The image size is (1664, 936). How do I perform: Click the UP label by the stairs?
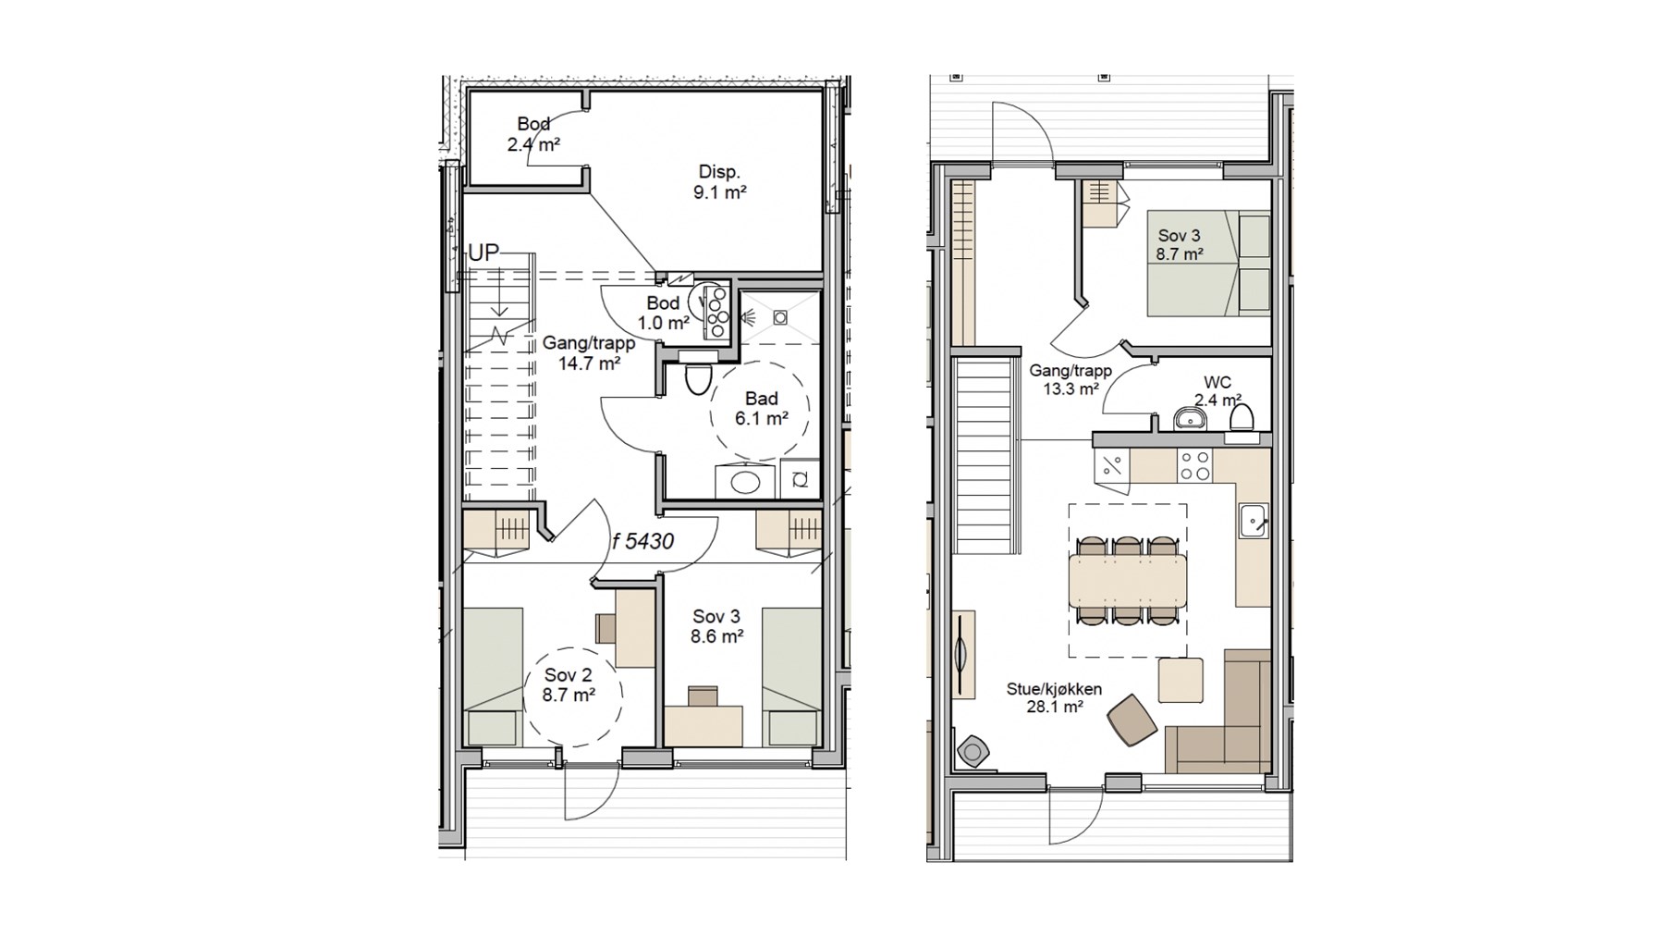click(483, 252)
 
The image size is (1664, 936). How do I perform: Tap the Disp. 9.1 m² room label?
click(719, 182)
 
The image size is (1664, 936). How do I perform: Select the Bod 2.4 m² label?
click(533, 134)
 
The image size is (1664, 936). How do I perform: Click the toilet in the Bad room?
click(697, 377)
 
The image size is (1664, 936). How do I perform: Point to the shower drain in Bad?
click(780, 317)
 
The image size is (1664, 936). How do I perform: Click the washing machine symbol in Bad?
click(800, 479)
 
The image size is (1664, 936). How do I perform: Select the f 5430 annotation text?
click(643, 542)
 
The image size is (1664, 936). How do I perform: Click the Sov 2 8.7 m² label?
click(569, 685)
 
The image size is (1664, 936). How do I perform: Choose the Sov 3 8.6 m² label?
click(716, 626)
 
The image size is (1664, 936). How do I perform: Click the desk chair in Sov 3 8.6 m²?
click(703, 696)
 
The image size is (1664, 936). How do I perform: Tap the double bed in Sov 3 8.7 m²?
click(1208, 264)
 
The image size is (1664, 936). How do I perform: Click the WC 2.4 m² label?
click(1217, 391)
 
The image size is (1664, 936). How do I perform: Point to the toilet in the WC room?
click(1241, 418)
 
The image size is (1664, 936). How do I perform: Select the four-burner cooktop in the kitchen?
click(1194, 466)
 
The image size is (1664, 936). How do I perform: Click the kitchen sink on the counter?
click(1253, 521)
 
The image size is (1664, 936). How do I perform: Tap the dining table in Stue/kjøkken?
click(1128, 581)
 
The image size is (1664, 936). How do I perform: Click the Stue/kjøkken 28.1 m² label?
click(1055, 698)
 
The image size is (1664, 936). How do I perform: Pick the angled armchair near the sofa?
click(1132, 720)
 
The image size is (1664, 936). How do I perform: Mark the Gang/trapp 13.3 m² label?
click(1071, 380)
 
